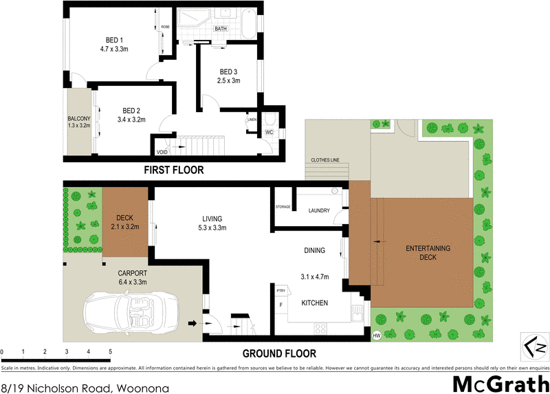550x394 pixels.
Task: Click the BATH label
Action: point(221,29)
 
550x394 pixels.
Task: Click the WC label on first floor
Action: point(271,132)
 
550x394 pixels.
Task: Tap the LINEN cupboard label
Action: point(252,120)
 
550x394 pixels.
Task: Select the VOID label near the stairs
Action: point(162,152)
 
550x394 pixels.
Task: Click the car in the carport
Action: point(131,312)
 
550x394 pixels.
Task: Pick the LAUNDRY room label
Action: point(319,210)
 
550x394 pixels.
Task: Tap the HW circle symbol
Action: point(377,336)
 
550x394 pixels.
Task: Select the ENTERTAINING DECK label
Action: point(428,252)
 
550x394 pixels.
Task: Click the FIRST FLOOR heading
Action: point(173,170)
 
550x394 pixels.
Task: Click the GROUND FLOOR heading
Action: point(279,354)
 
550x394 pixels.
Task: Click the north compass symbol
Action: point(535,346)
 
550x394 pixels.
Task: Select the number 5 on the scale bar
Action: point(110,352)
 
